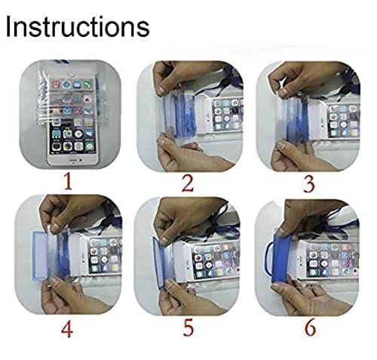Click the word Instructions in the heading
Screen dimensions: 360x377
77,27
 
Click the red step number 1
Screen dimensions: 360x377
68,180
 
